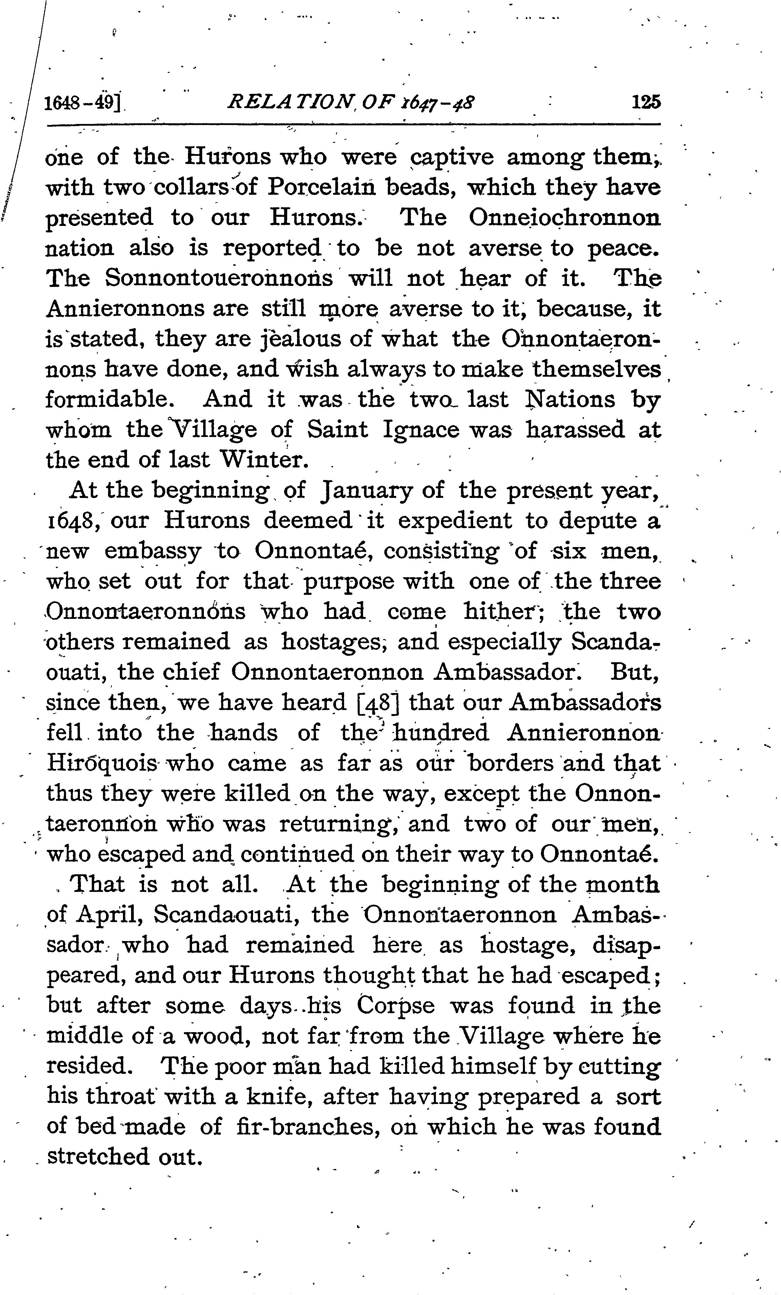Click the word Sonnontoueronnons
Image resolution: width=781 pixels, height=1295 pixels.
tap(219, 278)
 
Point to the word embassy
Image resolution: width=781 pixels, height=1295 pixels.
tap(152, 552)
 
